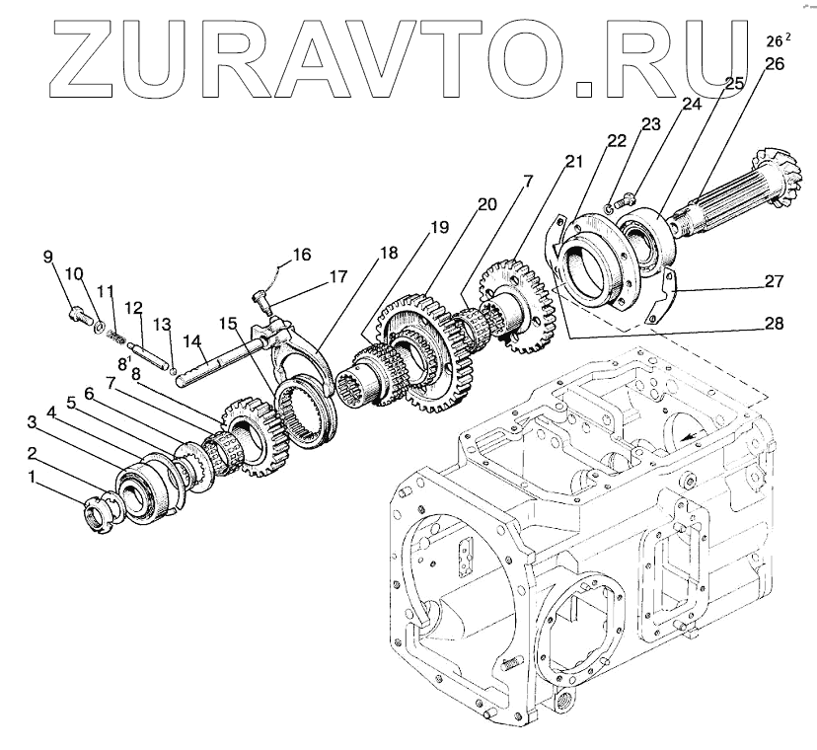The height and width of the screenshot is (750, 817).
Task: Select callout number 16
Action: pyautogui.click(x=302, y=255)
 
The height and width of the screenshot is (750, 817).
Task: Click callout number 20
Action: pyautogui.click(x=485, y=204)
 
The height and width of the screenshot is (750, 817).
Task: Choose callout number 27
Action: pyautogui.click(x=775, y=281)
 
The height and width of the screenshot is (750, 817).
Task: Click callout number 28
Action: pyautogui.click(x=775, y=322)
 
